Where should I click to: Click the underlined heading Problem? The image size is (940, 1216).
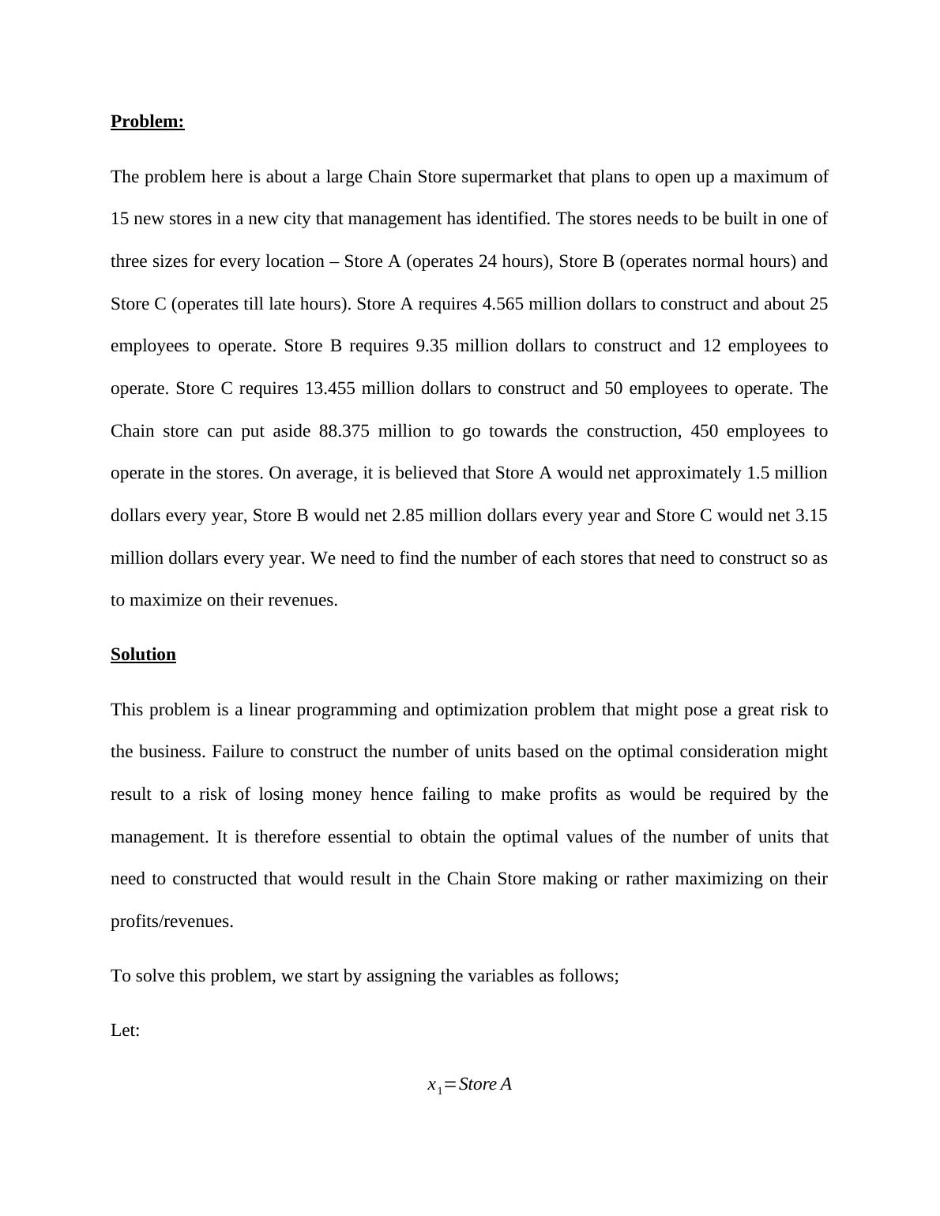pyautogui.click(x=147, y=122)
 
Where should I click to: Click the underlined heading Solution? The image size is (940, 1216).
pyautogui.click(x=143, y=655)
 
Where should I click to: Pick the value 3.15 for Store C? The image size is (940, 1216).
pyautogui.click(x=811, y=516)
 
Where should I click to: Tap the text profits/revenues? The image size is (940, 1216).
pyautogui.click(x=172, y=921)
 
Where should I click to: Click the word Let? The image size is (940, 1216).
pyautogui.click(x=125, y=1030)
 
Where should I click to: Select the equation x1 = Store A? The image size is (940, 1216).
pyautogui.click(x=469, y=1085)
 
